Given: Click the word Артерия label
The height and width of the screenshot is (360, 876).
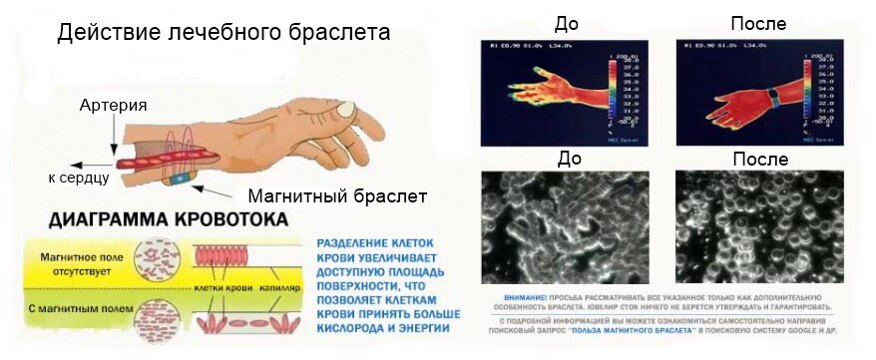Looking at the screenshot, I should click(114, 106).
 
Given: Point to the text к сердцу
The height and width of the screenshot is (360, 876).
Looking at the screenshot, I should click(79, 179).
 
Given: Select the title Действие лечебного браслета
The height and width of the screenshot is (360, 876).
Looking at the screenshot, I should click(222, 32).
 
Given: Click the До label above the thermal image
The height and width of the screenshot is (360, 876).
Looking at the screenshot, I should click(565, 22).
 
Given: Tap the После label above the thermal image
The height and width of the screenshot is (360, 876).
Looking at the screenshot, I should click(758, 22).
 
